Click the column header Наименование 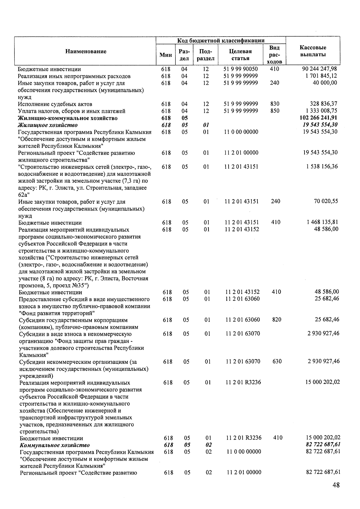[x=86, y=51]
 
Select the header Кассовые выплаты [x=313, y=51]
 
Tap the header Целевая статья [x=240, y=55]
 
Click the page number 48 [x=336, y=485]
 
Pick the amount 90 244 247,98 [x=319, y=69]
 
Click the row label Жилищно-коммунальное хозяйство [x=68, y=118]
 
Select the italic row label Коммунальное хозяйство [x=55, y=445]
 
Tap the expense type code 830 [x=274, y=104]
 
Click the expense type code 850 [x=274, y=111]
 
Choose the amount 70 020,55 [x=325, y=201]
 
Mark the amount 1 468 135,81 [x=322, y=222]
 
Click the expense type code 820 [x=277, y=320]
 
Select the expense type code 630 [x=277, y=361]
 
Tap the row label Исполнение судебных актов [x=55, y=104]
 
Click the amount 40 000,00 [x=325, y=83]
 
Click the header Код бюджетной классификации [x=220, y=40]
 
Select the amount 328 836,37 [x=323, y=104]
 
